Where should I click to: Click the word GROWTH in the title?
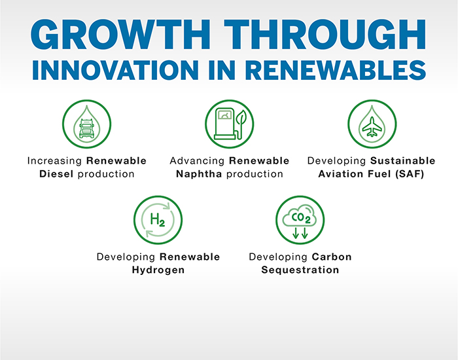click(120, 35)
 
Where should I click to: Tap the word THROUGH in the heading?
click(325, 35)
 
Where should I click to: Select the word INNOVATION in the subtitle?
click(115, 70)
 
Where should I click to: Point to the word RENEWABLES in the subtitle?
click(335, 70)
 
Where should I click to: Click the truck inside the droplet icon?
click(87, 128)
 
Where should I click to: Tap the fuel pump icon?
click(225, 124)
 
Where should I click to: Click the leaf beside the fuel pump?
click(241, 123)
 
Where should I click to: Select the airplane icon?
click(372, 127)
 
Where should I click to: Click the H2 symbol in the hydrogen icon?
click(158, 220)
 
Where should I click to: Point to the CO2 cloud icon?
click(300, 216)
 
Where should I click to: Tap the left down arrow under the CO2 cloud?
click(295, 233)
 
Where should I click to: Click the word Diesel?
click(56, 174)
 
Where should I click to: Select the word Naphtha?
click(199, 174)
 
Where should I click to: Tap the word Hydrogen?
click(158, 270)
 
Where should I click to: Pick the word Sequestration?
click(300, 270)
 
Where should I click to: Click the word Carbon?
click(332, 257)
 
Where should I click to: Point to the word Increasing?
click(54, 161)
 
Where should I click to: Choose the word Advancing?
click(197, 161)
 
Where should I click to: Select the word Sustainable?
click(403, 161)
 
